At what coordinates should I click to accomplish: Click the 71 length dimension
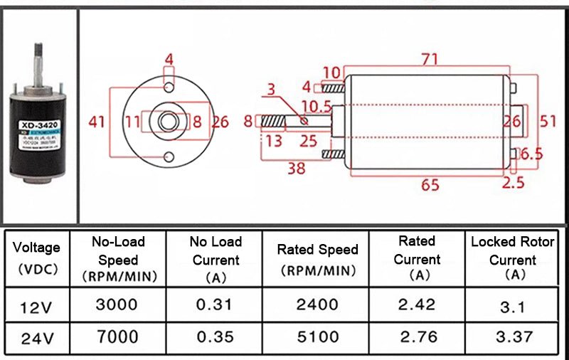(x=428, y=60)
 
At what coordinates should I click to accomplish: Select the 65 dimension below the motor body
(x=430, y=185)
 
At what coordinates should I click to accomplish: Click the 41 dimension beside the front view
(x=97, y=122)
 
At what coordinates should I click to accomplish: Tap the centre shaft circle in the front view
(x=169, y=122)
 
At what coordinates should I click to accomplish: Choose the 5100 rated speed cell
(x=317, y=337)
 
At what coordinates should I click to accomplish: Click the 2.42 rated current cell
(x=417, y=305)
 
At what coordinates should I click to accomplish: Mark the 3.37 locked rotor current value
(x=512, y=337)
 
